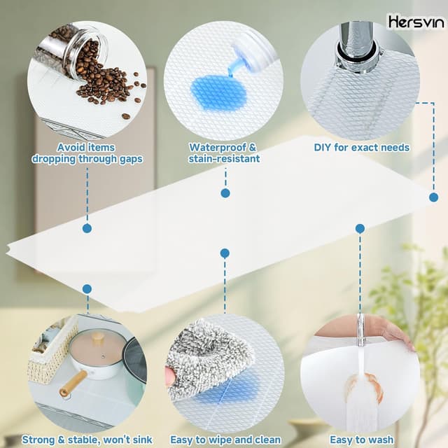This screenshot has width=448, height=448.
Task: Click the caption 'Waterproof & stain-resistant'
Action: (223, 153)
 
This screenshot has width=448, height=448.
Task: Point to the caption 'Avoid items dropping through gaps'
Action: (87, 153)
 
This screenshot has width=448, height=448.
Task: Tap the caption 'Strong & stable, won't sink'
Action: (87, 440)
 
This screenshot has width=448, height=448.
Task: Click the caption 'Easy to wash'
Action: (360, 440)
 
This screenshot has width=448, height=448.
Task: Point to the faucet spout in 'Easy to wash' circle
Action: (361, 330)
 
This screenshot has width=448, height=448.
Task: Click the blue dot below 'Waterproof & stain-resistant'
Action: (225, 192)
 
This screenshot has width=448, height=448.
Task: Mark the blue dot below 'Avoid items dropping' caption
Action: (87, 228)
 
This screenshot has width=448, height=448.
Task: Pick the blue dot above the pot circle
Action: (87, 288)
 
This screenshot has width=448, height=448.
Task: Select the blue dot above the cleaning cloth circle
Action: (224, 253)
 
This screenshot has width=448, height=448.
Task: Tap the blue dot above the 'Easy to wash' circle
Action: (360, 228)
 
